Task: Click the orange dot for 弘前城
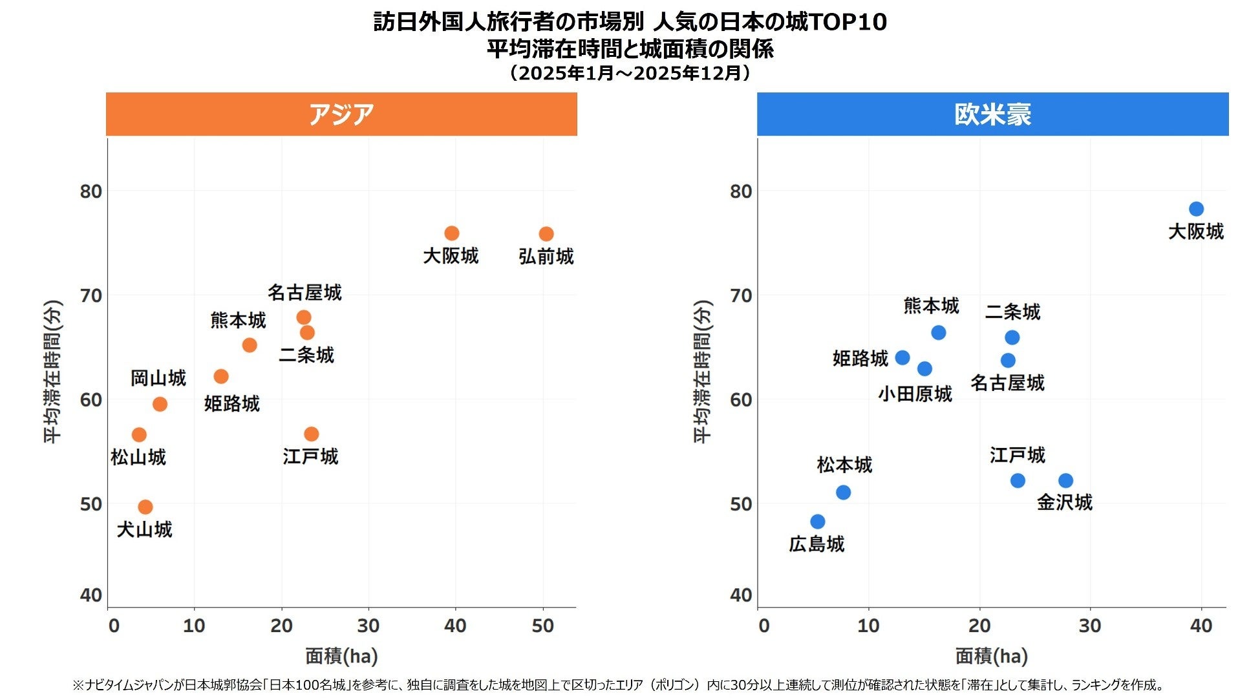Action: click(546, 234)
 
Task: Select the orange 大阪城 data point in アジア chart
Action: click(452, 233)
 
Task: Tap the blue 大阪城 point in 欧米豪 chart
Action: click(1196, 209)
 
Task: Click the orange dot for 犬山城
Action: click(145, 507)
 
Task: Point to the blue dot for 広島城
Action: click(818, 522)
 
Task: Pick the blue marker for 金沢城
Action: click(1066, 481)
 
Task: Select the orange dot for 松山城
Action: click(139, 434)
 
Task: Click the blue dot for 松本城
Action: click(843, 493)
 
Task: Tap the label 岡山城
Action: click(158, 378)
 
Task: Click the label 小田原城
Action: click(915, 394)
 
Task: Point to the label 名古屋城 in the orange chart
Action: click(304, 293)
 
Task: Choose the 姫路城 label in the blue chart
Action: click(860, 358)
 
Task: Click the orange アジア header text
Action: click(341, 114)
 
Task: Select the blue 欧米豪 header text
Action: click(992, 114)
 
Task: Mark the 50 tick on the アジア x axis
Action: click(543, 626)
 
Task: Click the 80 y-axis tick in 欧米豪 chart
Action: click(742, 191)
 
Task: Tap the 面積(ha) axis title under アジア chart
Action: click(341, 657)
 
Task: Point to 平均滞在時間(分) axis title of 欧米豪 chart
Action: click(703, 372)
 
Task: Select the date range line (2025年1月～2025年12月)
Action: click(630, 72)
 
